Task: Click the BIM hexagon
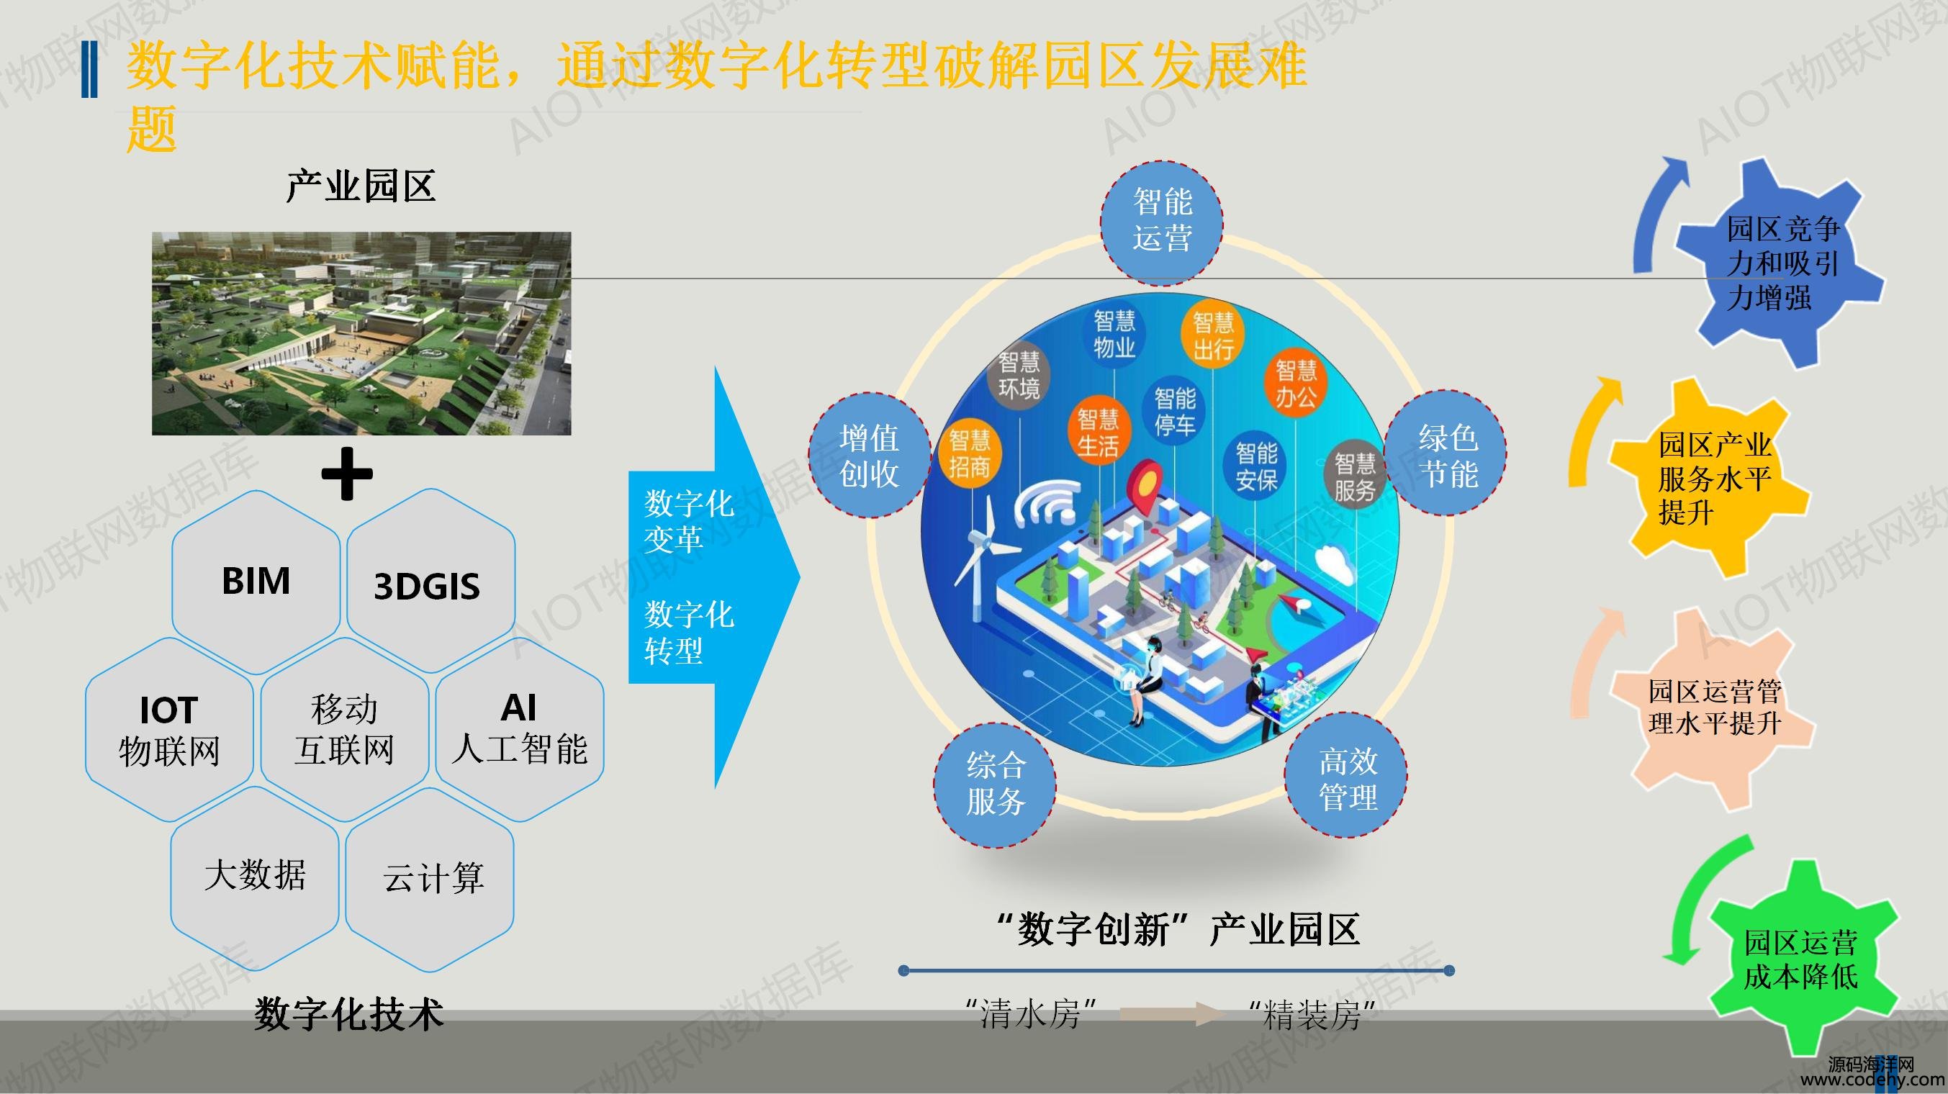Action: [256, 582]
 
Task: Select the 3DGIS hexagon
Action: [431, 582]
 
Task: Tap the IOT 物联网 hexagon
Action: [168, 730]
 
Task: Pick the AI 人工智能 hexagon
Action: [520, 730]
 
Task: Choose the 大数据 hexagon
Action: [255, 878]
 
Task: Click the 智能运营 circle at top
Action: [1163, 222]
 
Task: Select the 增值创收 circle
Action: [870, 455]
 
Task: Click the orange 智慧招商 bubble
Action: [970, 453]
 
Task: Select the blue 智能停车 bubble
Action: [1174, 411]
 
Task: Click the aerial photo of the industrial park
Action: [361, 333]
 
